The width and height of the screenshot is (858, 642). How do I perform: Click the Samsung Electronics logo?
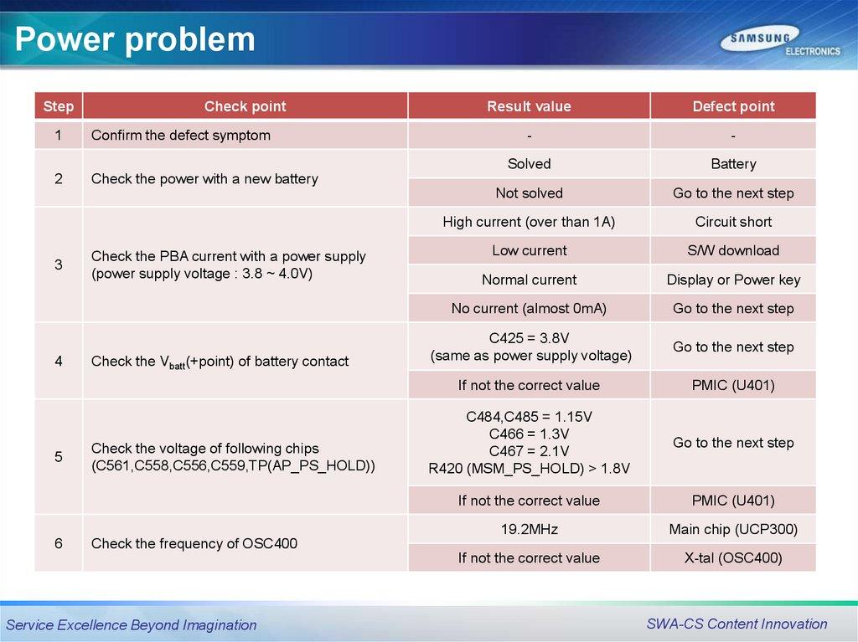pyautogui.click(x=780, y=42)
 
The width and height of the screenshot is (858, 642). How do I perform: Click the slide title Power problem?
pyautogui.click(x=135, y=39)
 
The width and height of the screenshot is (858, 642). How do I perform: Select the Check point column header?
pyautogui.click(x=246, y=106)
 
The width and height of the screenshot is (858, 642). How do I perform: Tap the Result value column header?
pyautogui.click(x=530, y=106)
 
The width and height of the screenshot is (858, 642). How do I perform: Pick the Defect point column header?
pyautogui.click(x=733, y=106)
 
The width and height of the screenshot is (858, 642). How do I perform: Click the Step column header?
pyautogui.click(x=59, y=106)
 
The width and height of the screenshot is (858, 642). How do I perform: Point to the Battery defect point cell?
pyautogui.click(x=733, y=164)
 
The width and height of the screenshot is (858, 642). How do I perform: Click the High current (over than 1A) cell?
pyautogui.click(x=530, y=222)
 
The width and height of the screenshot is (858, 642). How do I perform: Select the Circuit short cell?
pyautogui.click(x=733, y=222)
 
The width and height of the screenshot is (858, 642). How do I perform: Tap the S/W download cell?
pyautogui.click(x=733, y=250)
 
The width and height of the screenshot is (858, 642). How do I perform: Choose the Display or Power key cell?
pyautogui.click(x=733, y=280)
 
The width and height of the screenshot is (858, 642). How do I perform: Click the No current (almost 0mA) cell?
pyautogui.click(x=530, y=308)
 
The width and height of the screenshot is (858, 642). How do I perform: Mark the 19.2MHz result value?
pyautogui.click(x=530, y=529)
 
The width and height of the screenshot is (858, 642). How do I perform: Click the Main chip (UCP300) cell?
pyautogui.click(x=733, y=529)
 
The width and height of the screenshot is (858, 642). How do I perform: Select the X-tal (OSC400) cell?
pyautogui.click(x=733, y=557)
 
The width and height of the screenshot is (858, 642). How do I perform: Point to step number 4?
pyautogui.click(x=59, y=361)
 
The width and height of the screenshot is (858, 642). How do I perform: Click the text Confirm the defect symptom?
pyautogui.click(x=181, y=135)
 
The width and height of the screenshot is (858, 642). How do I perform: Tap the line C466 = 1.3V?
pyautogui.click(x=530, y=434)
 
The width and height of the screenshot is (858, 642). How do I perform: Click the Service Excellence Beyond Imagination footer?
pyautogui.click(x=132, y=625)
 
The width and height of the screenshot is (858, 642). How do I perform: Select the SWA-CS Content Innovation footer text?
pyautogui.click(x=737, y=624)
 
